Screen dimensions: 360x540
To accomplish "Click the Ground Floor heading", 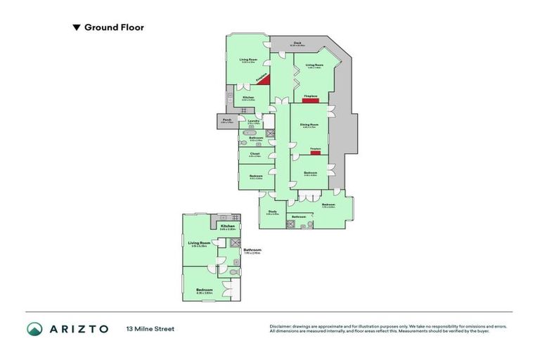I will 114,28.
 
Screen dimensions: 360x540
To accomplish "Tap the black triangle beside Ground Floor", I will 77,28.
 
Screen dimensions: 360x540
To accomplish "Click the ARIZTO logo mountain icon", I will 35,328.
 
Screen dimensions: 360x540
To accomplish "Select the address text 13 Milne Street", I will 150,328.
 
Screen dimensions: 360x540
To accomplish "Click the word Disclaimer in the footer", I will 281,326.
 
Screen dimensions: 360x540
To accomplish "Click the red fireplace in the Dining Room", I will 316,153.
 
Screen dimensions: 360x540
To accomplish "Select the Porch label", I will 227,120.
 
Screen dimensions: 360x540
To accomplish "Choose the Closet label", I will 255,153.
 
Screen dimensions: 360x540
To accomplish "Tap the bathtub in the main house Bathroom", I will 249,132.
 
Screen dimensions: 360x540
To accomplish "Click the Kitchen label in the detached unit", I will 227,226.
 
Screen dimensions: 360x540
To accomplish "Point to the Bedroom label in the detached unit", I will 205,290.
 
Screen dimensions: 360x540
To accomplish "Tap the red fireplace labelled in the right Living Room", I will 310,101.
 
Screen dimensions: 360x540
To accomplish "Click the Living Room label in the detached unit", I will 204,243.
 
